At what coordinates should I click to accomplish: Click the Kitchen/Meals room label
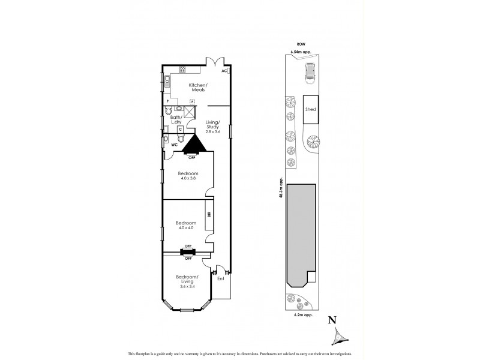pos(197,88)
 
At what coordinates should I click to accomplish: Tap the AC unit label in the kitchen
pos(224,71)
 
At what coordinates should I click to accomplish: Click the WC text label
pos(175,145)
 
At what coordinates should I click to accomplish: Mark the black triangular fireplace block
pos(193,144)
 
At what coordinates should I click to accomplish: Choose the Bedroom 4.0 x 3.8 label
pos(188,176)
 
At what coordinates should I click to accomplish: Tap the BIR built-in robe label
pos(209,215)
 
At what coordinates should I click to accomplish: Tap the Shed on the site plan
pos(311,110)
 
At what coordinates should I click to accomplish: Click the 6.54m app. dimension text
pos(301,52)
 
